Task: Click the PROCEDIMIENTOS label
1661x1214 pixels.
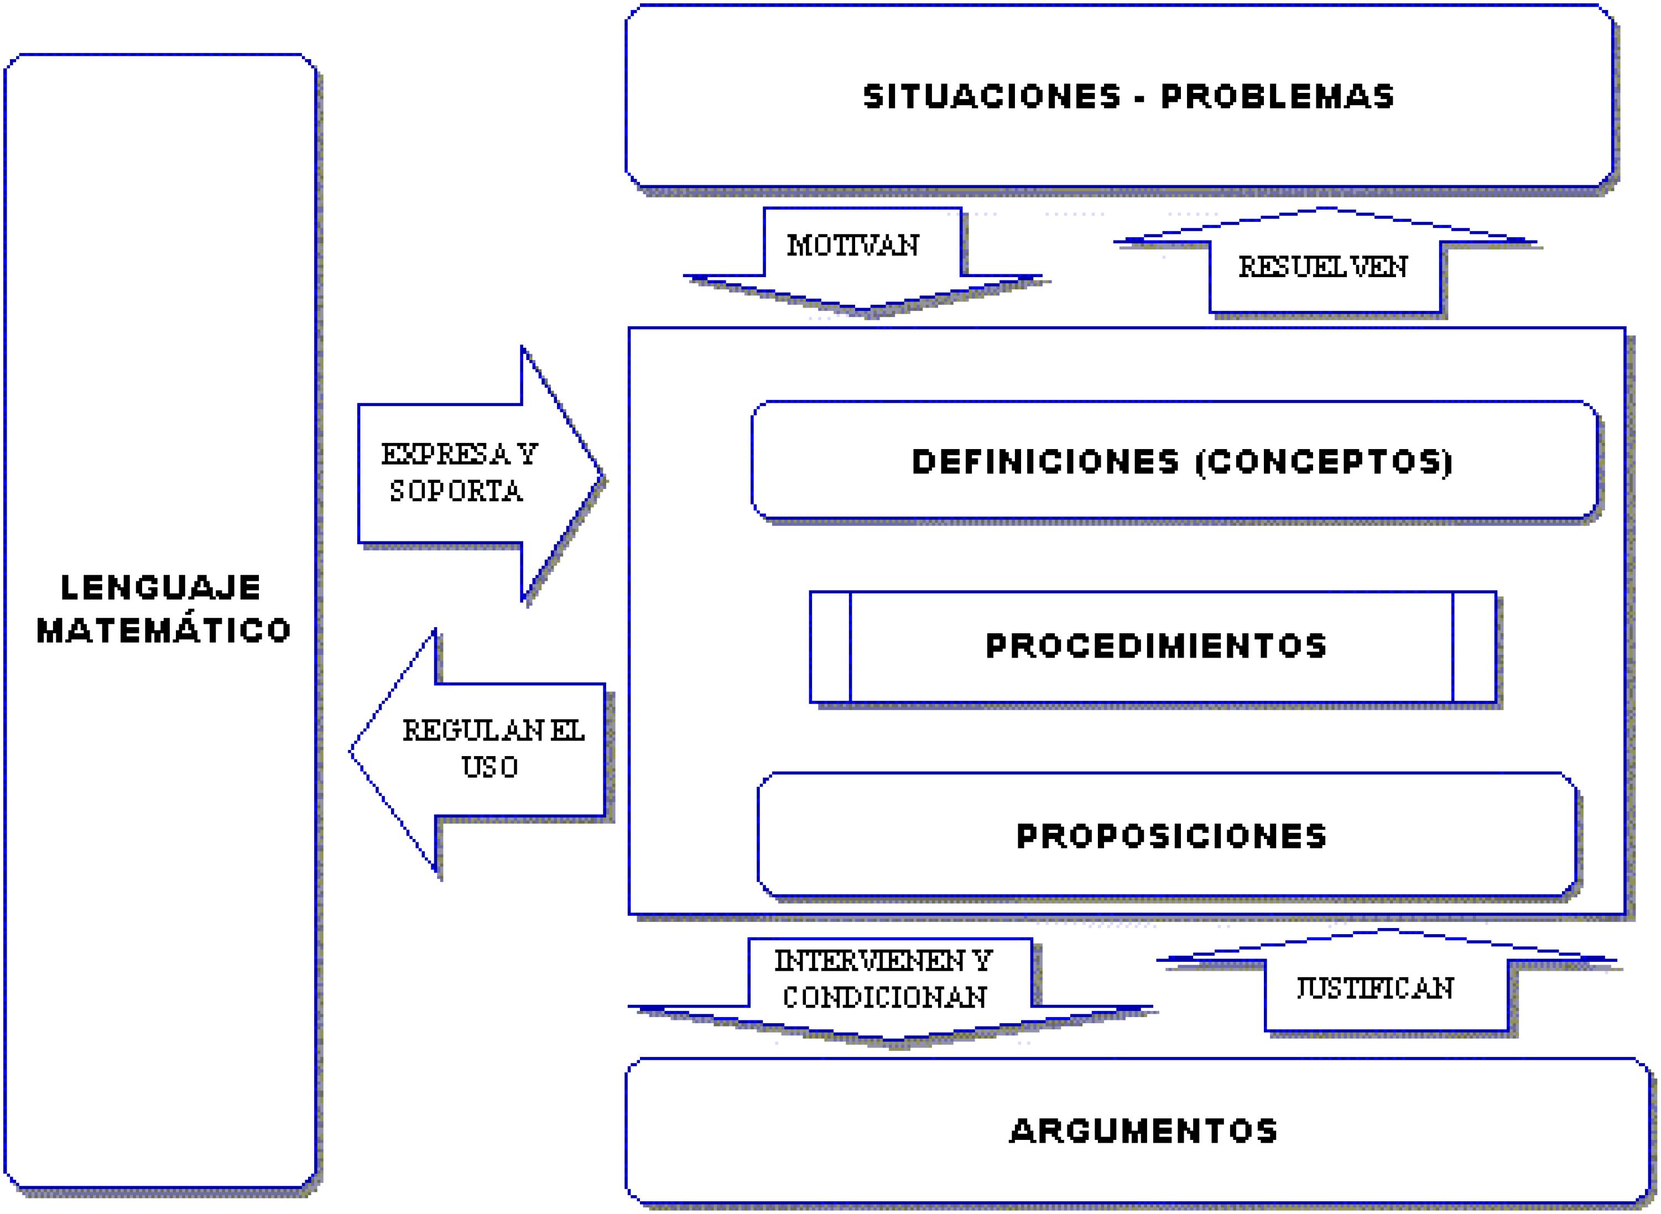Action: pyautogui.click(x=1156, y=646)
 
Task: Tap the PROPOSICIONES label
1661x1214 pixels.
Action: pyautogui.click(x=1171, y=836)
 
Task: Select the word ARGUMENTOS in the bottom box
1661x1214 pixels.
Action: pyautogui.click(x=1144, y=1131)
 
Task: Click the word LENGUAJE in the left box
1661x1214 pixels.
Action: pyautogui.click(x=160, y=588)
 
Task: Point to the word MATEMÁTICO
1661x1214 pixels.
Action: pyautogui.click(x=164, y=631)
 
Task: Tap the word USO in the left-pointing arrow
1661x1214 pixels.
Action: pyautogui.click(x=490, y=767)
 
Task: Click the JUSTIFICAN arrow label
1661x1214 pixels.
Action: pyautogui.click(x=1374, y=988)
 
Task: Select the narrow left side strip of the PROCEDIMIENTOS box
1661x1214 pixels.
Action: pyautogui.click(x=830, y=647)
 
